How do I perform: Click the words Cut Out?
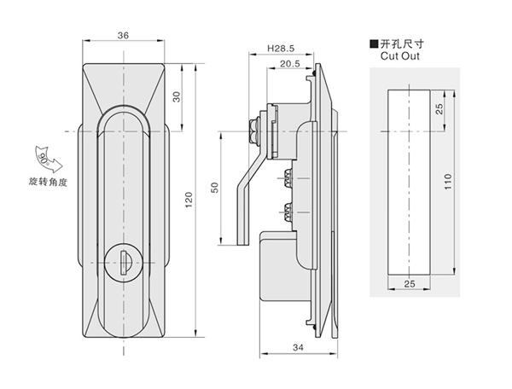(397, 55)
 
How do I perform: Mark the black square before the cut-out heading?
(372, 43)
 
